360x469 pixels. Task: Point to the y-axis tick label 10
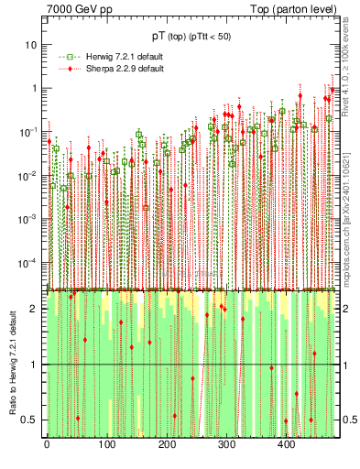coord(32,45)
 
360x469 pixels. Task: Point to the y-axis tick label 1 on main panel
coord(35,89)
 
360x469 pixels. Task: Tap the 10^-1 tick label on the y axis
coord(29,132)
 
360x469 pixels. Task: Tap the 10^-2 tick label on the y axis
coord(29,176)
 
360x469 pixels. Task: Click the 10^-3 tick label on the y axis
coord(29,219)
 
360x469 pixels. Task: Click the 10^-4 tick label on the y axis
coord(29,263)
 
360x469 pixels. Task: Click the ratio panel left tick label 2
coord(35,309)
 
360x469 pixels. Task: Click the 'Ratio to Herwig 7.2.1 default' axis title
coord(11,365)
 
